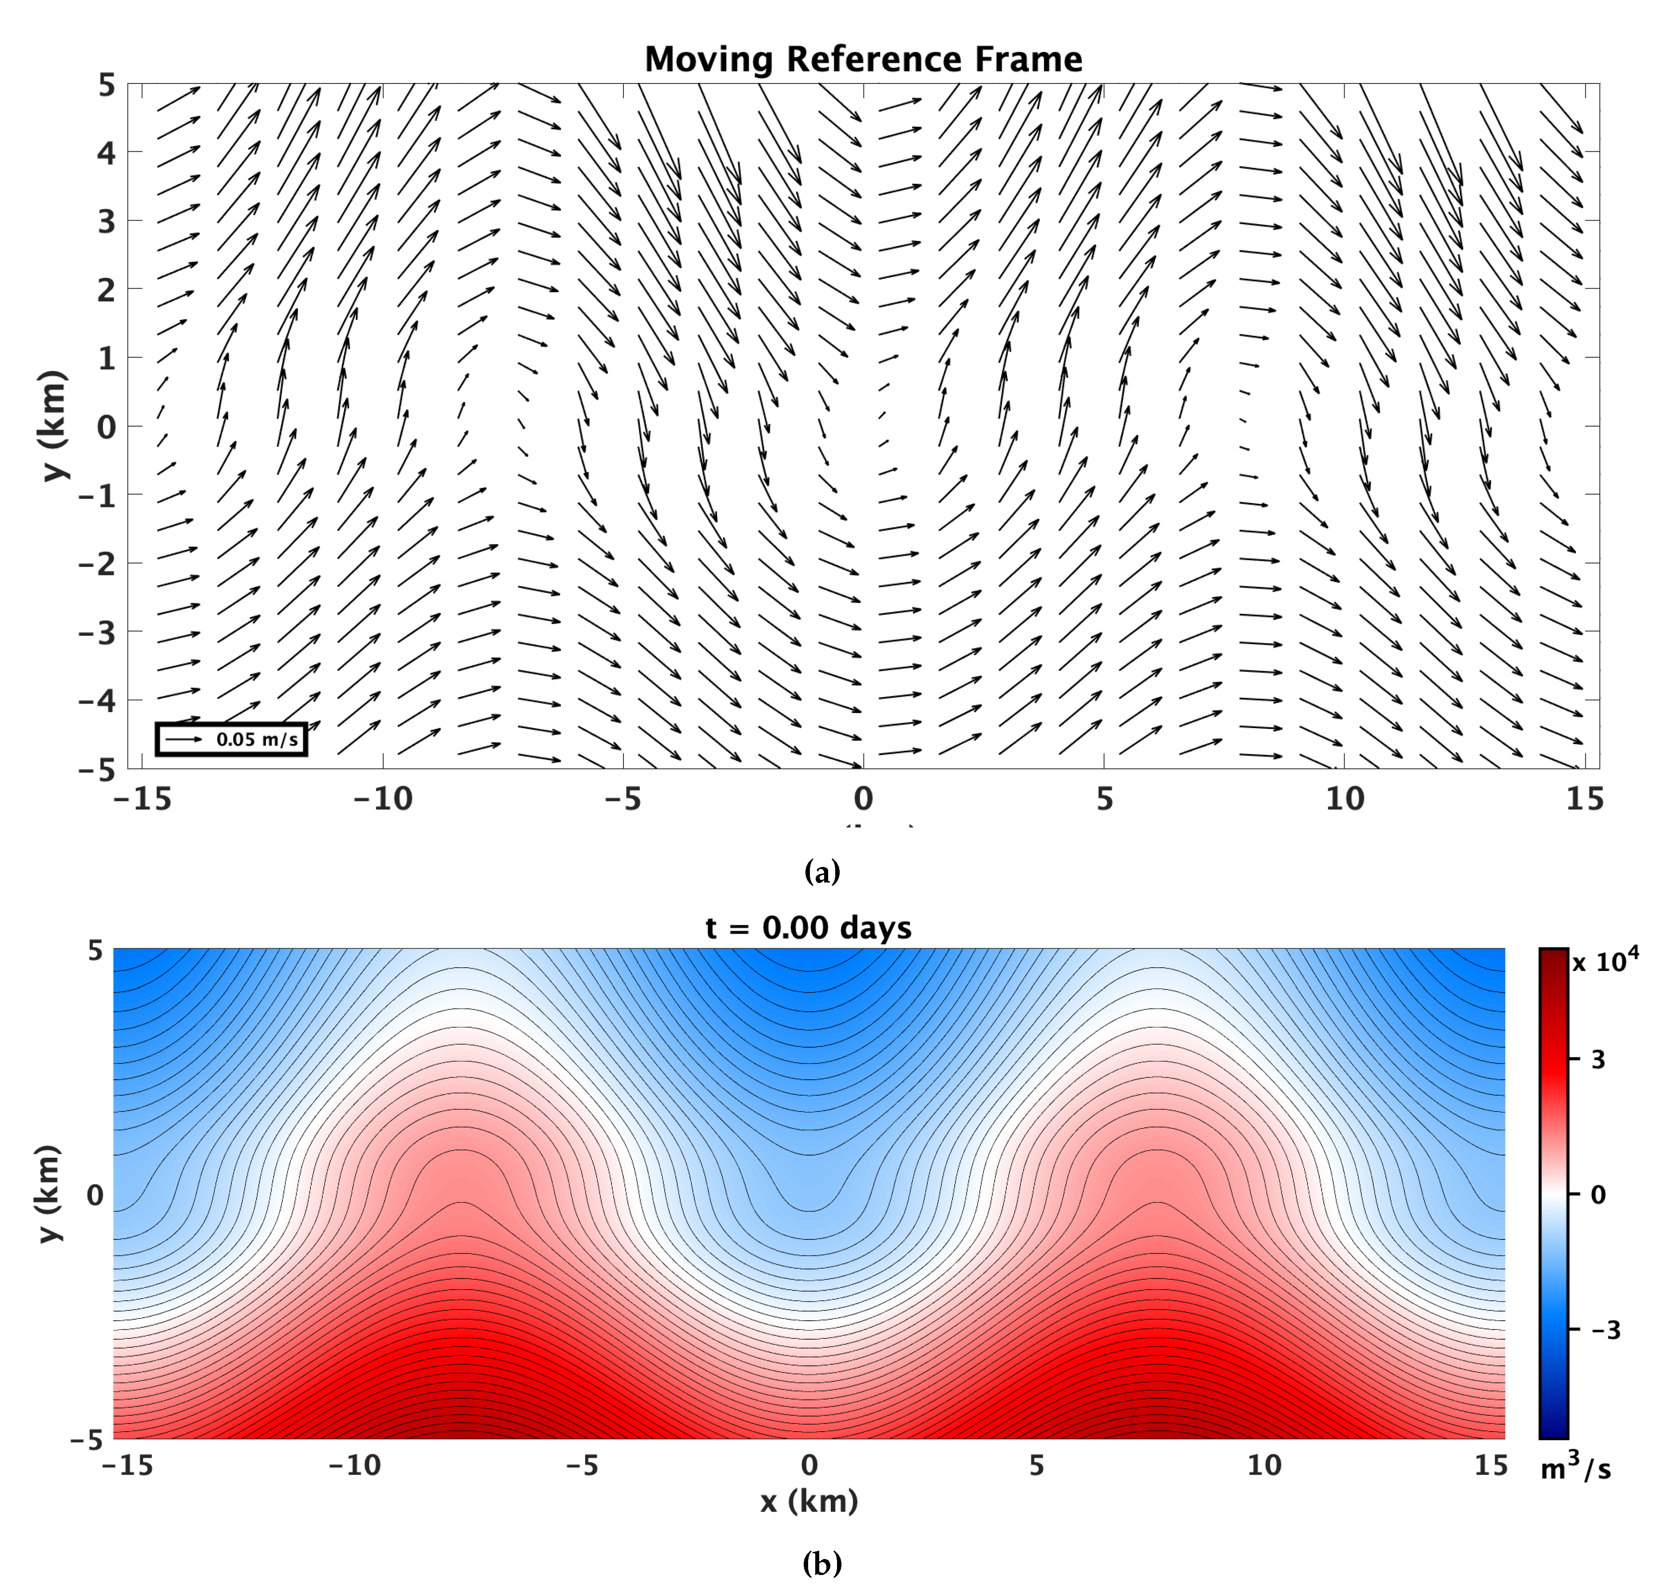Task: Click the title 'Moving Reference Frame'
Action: (x=863, y=59)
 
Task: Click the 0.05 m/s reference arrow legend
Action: (x=231, y=739)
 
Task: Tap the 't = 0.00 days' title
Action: (x=808, y=928)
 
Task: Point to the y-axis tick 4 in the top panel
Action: (x=106, y=154)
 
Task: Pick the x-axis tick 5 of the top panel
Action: (x=1104, y=799)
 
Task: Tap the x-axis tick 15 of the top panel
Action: (x=1584, y=799)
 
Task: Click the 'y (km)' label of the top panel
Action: (x=52, y=426)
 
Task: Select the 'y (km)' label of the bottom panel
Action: (x=49, y=1194)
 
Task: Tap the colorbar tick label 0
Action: (x=1598, y=1195)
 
